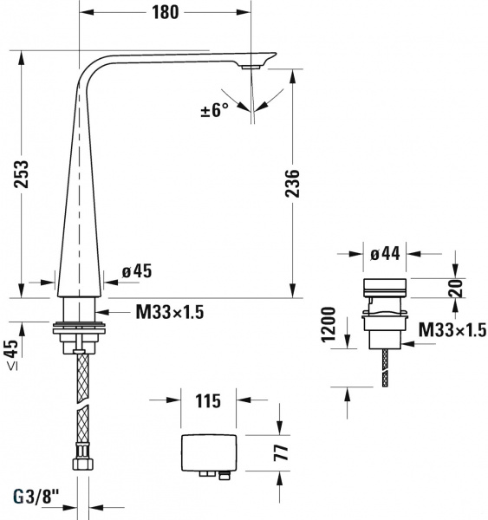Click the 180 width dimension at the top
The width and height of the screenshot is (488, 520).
(165, 12)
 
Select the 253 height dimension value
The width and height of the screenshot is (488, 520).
(21, 174)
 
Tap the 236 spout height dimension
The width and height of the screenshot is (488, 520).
(292, 184)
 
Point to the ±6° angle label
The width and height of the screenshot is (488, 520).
(215, 110)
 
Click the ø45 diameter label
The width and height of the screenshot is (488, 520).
(137, 271)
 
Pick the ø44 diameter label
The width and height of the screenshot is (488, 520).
(385, 254)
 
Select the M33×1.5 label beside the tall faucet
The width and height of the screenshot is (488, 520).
(170, 312)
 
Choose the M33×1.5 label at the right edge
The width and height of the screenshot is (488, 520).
(452, 329)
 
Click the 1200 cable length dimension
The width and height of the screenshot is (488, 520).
(329, 324)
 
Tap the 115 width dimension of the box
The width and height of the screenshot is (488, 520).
(208, 400)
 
